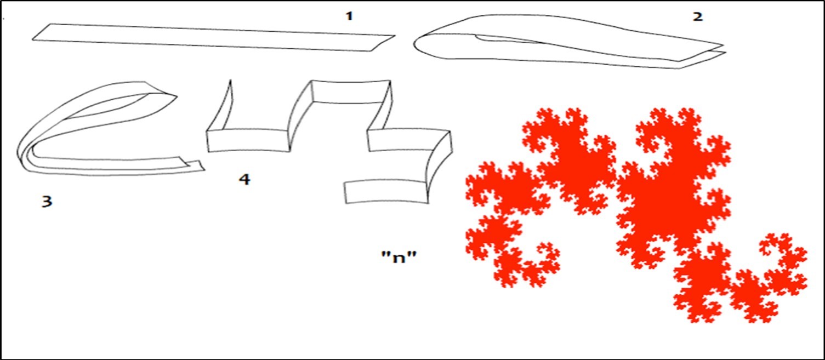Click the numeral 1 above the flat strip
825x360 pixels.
coord(349,16)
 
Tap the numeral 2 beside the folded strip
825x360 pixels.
coord(697,16)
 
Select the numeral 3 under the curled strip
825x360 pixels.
coord(47,202)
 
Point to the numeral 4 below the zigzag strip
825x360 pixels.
coord(244,179)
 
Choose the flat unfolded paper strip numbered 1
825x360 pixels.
coord(214,37)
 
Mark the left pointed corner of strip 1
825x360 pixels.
coord(34,39)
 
